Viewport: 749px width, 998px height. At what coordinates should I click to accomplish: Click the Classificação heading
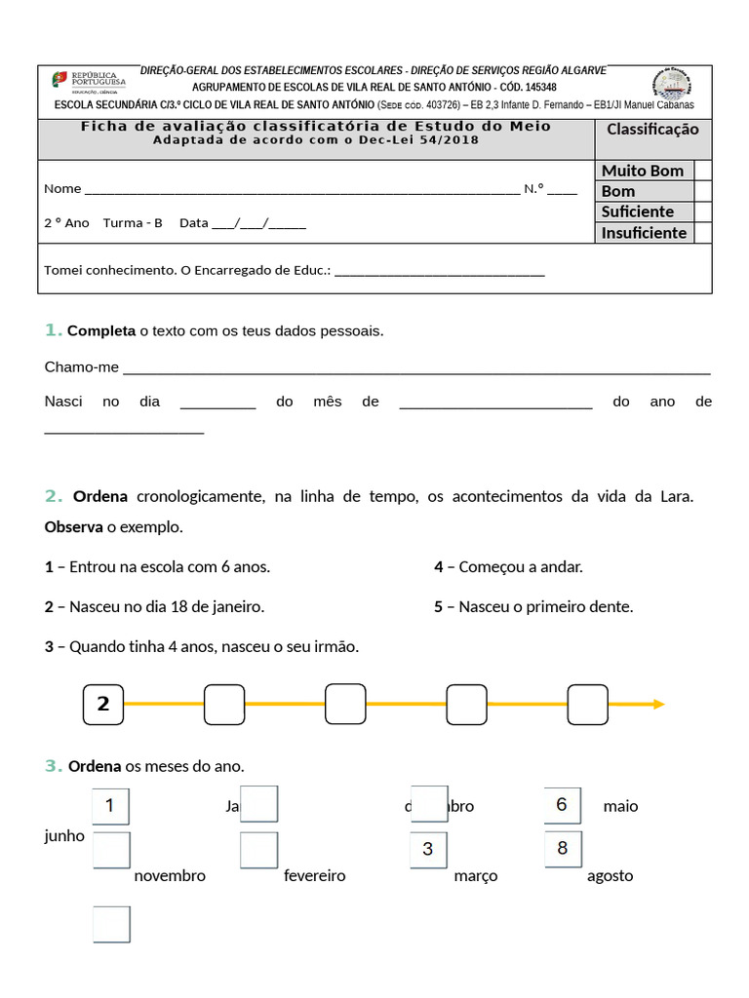click(652, 130)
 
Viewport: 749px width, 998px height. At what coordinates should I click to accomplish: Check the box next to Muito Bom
click(702, 171)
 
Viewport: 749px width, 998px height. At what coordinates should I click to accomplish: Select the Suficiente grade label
click(638, 211)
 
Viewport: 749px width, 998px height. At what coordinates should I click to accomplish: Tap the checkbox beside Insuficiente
click(702, 232)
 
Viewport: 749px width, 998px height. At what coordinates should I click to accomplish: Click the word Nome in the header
click(62, 189)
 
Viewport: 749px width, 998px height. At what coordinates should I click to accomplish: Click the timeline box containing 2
click(103, 705)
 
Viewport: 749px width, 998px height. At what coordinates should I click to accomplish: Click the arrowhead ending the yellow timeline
click(659, 704)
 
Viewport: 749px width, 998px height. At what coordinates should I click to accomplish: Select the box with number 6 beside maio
click(562, 805)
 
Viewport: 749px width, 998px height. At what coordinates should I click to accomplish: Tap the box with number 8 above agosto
click(563, 848)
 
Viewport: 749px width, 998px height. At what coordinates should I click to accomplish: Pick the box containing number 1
click(110, 806)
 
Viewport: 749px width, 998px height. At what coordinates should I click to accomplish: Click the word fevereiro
click(315, 875)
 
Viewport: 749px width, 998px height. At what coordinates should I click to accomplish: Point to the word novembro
click(170, 875)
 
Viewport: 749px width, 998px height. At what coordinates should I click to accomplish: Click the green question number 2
click(53, 496)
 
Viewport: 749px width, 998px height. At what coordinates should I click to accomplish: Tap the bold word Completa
click(101, 331)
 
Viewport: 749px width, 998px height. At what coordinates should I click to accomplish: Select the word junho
click(64, 835)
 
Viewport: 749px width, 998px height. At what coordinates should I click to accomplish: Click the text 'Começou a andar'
click(521, 566)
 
